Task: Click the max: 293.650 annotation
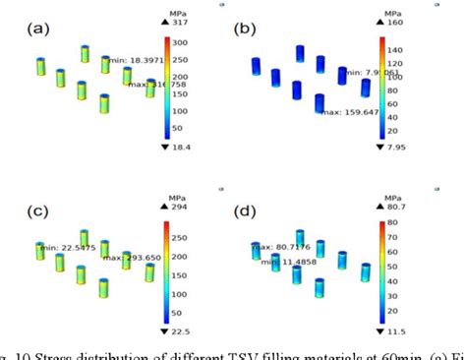coord(128,259)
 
